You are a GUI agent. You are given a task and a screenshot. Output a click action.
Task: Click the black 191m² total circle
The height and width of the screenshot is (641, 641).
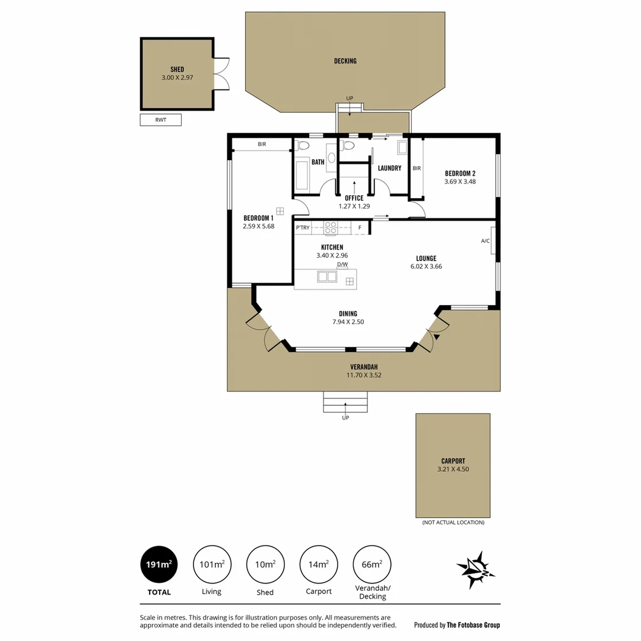pyautogui.click(x=159, y=564)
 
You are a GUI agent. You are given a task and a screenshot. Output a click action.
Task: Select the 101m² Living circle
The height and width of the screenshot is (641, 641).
pyautogui.click(x=212, y=564)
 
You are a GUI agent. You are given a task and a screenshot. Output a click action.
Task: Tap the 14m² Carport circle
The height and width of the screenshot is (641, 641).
pyautogui.click(x=319, y=564)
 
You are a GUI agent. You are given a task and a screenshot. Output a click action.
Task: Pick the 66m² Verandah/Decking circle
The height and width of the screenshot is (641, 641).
pyautogui.click(x=372, y=564)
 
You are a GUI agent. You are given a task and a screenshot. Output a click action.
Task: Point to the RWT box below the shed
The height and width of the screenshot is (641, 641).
pyautogui.click(x=160, y=120)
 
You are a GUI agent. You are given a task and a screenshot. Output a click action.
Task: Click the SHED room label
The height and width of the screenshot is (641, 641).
pyautogui.click(x=177, y=69)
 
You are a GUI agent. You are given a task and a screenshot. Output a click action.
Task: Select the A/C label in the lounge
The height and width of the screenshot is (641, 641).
pyautogui.click(x=485, y=241)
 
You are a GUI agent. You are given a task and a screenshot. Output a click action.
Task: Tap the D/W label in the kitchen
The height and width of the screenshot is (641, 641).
pyautogui.click(x=342, y=264)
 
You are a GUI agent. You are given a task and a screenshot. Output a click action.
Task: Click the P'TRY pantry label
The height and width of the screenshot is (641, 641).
pyautogui.click(x=303, y=227)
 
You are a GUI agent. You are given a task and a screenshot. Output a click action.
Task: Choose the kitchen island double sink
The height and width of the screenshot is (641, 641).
pyautogui.click(x=326, y=276)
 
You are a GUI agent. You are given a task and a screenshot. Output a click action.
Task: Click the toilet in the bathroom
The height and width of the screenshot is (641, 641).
pyautogui.click(x=303, y=145)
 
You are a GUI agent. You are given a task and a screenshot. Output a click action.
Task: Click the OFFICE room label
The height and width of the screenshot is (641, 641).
pyautogui.click(x=354, y=198)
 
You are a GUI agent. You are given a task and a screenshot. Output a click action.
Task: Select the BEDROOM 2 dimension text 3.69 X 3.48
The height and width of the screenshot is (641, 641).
pyautogui.click(x=460, y=182)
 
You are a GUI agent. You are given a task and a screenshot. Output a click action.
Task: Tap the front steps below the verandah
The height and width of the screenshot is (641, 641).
pyautogui.click(x=345, y=402)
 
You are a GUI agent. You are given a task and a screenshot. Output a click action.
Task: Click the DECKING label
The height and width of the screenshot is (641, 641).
pyautogui.click(x=345, y=61)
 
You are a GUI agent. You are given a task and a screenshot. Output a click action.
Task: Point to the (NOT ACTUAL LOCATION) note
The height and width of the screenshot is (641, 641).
pyautogui.click(x=453, y=522)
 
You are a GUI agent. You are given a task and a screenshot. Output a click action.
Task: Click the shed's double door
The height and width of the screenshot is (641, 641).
pyautogui.click(x=221, y=74)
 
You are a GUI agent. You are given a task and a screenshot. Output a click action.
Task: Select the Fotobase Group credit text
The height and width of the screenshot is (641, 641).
pyautogui.click(x=457, y=624)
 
